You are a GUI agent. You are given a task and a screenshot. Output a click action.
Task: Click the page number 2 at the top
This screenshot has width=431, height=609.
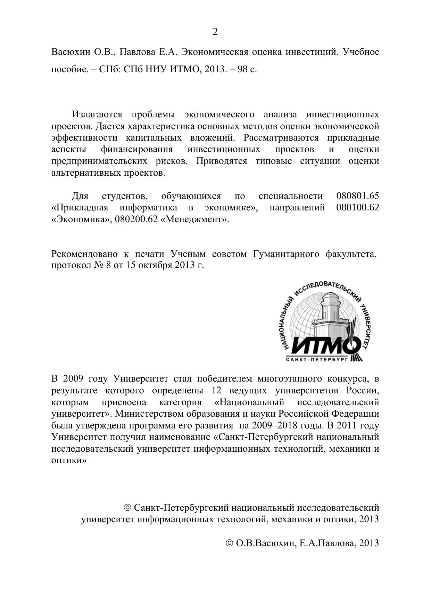coord(215,32)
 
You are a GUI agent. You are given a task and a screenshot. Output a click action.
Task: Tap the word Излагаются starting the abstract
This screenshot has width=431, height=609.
coord(97,114)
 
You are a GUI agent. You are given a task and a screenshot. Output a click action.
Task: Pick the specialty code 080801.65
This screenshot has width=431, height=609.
coord(358,196)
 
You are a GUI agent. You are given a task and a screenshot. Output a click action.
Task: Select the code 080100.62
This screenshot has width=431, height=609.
coord(358,208)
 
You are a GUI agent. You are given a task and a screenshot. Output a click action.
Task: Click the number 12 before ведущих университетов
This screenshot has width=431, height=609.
coord(217,390)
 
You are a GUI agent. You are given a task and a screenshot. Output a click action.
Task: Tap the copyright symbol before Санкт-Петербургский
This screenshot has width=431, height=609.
coord(127,508)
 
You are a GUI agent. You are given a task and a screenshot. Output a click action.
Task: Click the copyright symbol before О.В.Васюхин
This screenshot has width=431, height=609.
coord(229,543)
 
